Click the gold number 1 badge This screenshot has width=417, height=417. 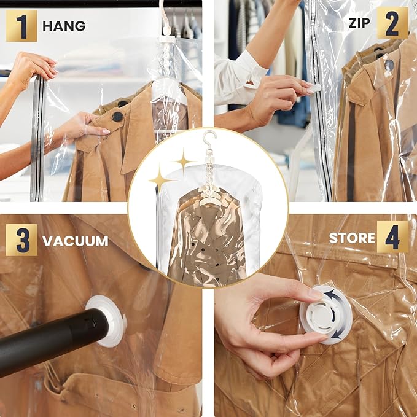(x=21, y=26)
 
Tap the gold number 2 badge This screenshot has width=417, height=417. (x=392, y=23)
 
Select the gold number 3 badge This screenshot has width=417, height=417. (x=21, y=240)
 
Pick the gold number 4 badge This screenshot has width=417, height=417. (x=392, y=237)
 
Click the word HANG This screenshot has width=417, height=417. (x=64, y=26)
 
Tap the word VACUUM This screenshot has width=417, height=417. (x=75, y=241)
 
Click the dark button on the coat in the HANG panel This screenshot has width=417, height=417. (x=117, y=116)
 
